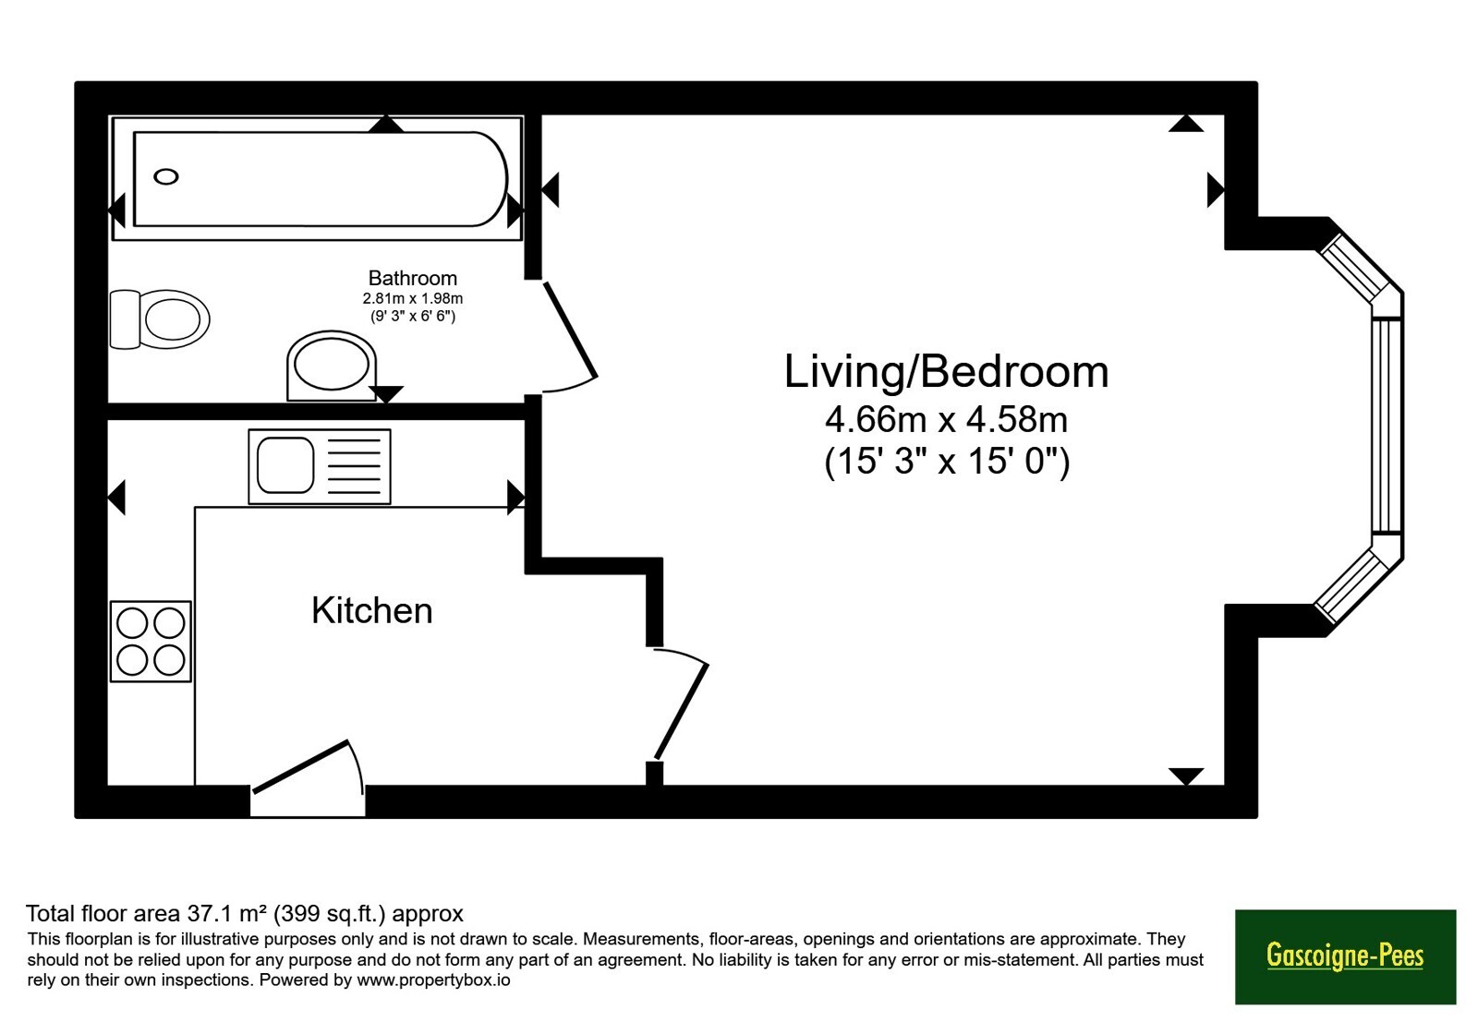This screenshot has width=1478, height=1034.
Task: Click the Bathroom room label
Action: click(x=412, y=278)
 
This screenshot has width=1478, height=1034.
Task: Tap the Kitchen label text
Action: click(x=372, y=610)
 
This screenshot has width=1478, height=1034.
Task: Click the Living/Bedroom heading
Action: click(x=946, y=372)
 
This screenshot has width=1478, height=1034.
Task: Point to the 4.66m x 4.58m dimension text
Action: click(x=946, y=419)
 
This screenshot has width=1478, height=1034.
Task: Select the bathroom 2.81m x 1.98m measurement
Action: click(x=412, y=299)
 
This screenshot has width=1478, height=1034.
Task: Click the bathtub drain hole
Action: click(x=165, y=176)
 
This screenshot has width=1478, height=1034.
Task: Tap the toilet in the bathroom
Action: click(x=160, y=319)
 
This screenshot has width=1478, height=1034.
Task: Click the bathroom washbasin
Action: click(x=332, y=366)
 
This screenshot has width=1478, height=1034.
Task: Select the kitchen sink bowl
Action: click(x=285, y=465)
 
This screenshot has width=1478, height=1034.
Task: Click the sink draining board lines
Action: click(x=354, y=466)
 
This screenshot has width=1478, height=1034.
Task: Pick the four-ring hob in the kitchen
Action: click(x=151, y=641)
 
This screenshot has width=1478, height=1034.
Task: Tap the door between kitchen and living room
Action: click(x=681, y=703)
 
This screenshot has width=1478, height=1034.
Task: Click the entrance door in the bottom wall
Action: click(x=308, y=778)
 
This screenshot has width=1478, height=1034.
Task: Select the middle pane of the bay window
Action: click(x=1387, y=426)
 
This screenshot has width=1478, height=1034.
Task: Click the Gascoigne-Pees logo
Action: click(x=1345, y=956)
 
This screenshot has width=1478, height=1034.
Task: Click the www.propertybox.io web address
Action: click(x=433, y=980)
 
